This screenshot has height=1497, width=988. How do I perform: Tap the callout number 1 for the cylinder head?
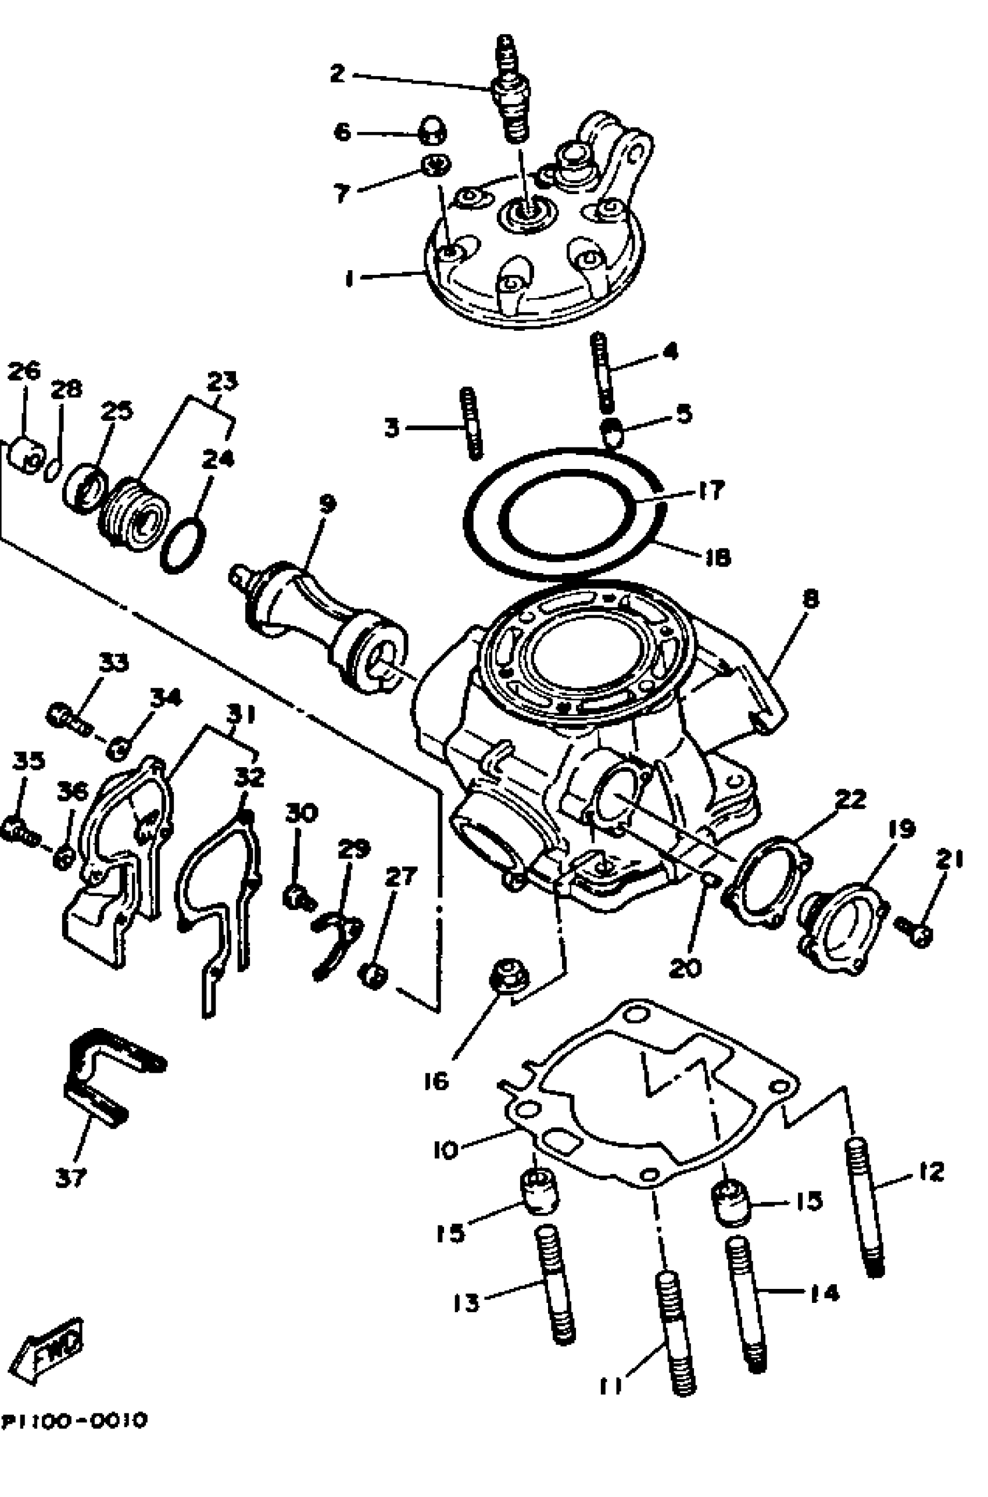349,278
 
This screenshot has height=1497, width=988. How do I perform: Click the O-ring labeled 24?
183,545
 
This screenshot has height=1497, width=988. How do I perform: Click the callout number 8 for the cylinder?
810,599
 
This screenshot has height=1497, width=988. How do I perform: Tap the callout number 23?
223,381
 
